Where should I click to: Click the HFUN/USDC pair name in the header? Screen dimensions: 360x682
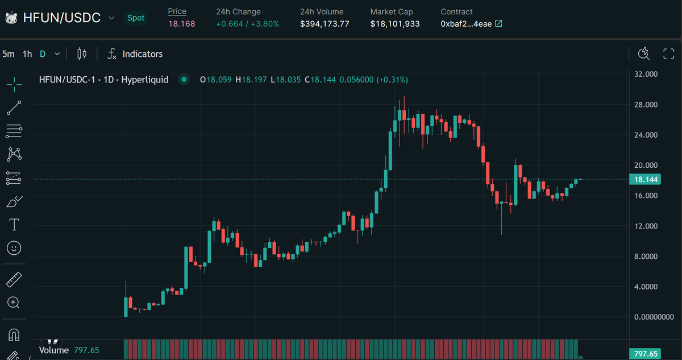(61, 18)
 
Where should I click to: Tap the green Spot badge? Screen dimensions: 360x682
(136, 18)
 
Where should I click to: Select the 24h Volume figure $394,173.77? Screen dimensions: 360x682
(325, 24)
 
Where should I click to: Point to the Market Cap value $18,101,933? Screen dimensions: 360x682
(395, 24)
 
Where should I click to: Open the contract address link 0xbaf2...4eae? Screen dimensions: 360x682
(471, 24)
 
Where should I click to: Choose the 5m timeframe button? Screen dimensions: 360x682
(9, 54)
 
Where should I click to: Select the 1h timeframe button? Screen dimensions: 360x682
(27, 54)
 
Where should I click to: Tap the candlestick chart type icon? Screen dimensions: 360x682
(82, 54)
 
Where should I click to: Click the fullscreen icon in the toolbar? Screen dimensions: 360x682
(669, 54)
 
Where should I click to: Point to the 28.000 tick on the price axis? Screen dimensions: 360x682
(646, 105)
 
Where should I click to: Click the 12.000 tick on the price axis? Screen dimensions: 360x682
(646, 226)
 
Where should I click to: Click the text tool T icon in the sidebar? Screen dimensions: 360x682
(14, 225)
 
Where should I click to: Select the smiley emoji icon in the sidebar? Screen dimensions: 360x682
(14, 248)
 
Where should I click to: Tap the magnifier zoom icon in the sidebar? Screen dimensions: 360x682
(14, 302)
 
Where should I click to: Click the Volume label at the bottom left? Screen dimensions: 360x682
(54, 350)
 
